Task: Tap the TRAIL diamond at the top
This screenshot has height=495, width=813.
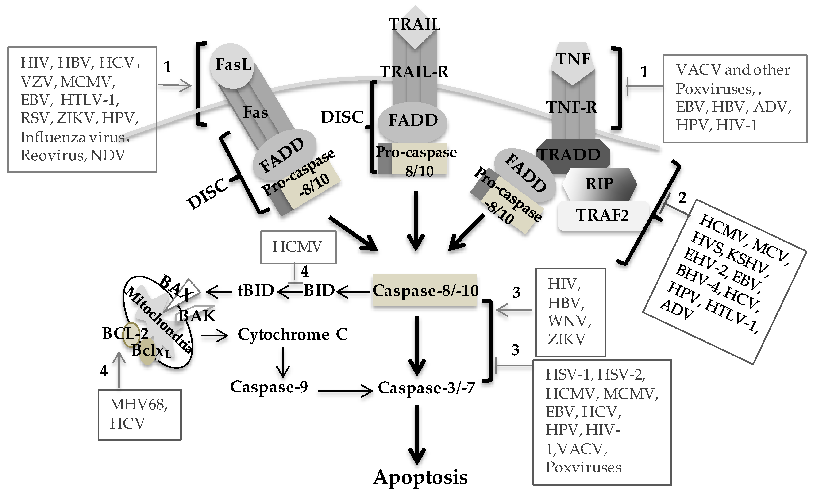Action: pyautogui.click(x=415, y=27)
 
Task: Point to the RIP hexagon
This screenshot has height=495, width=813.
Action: pyautogui.click(x=599, y=184)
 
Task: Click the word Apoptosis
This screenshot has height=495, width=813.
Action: pyautogui.click(x=420, y=477)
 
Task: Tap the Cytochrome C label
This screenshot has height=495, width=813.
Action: pyautogui.click(x=293, y=334)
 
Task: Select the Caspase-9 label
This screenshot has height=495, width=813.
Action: pyautogui.click(x=269, y=387)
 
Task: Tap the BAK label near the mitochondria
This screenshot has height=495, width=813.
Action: pyautogui.click(x=197, y=316)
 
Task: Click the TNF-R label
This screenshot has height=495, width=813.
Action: pyautogui.click(x=572, y=107)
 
